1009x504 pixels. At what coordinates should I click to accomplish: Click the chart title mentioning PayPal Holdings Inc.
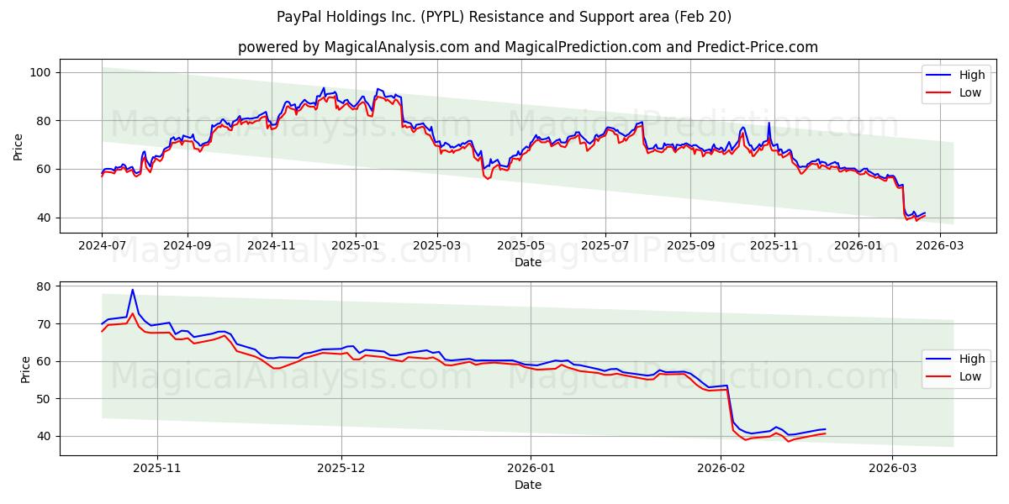pyautogui.click(x=504, y=17)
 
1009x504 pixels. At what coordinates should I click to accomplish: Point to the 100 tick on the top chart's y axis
pyautogui.click(x=41, y=72)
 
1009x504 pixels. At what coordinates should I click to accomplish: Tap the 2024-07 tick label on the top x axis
pyautogui.click(x=102, y=246)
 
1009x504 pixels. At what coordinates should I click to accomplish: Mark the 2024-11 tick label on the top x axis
pyautogui.click(x=272, y=246)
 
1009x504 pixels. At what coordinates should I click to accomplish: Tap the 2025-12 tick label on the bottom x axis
pyautogui.click(x=341, y=469)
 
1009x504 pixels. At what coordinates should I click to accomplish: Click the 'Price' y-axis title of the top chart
pyautogui.click(x=18, y=145)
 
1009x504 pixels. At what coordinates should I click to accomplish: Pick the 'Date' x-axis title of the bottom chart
pyautogui.click(x=527, y=485)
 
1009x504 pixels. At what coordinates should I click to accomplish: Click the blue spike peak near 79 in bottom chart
pyautogui.click(x=132, y=290)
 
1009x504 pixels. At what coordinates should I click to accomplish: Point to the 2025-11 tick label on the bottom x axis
pyautogui.click(x=158, y=469)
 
